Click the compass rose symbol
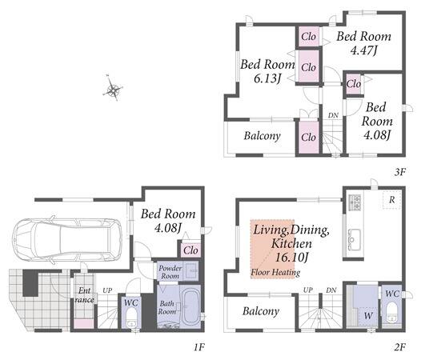click(113, 89)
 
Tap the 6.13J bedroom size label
click(267, 78)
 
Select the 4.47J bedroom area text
click(364, 50)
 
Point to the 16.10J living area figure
click(291, 257)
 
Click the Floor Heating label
click(275, 272)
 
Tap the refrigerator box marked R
click(391, 200)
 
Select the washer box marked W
click(368, 316)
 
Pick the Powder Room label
click(170, 272)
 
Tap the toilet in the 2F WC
click(392, 313)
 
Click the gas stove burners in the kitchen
click(355, 202)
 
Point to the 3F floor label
click(399, 172)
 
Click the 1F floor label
click(199, 347)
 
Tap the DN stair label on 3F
click(333, 115)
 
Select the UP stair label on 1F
click(107, 290)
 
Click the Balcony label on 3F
click(262, 136)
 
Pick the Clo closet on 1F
click(190, 250)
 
